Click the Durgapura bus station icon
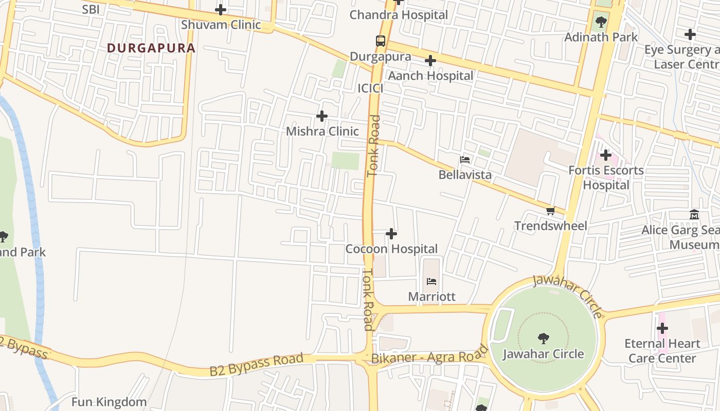[380, 41]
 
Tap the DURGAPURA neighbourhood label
[151, 48]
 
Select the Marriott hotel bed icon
[431, 281]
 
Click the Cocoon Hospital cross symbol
[391, 234]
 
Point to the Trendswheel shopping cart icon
[551, 211]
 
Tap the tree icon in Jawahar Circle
[543, 338]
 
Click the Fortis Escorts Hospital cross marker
[606, 155]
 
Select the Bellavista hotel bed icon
[465, 160]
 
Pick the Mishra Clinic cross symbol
[322, 116]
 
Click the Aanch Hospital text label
[430, 76]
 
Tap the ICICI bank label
[371, 88]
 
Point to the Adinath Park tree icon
[601, 22]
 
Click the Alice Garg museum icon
[694, 214]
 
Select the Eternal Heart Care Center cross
[662, 328]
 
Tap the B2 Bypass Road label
[256, 364]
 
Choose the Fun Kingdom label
[109, 402]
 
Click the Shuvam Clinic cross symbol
[221, 10]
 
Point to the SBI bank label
[91, 9]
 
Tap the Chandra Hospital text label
[399, 15]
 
